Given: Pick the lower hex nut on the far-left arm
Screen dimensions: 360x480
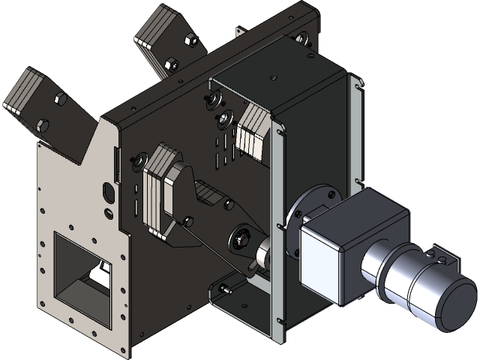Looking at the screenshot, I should [x=42, y=124].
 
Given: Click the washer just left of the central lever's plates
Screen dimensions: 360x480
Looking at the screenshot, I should [x=138, y=159].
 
